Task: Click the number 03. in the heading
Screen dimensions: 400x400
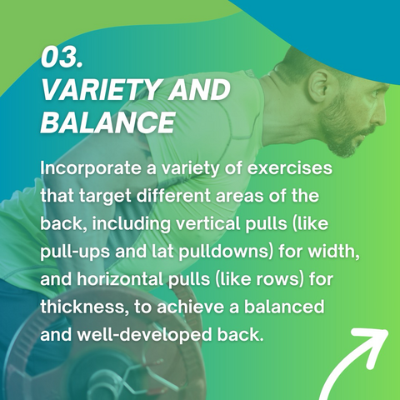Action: click(62, 57)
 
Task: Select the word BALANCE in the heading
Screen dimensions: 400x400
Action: click(107, 122)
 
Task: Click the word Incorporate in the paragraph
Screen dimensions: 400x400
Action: click(91, 168)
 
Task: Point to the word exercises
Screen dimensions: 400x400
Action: click(290, 168)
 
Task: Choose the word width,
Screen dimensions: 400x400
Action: click(332, 252)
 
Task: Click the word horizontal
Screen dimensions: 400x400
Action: click(120, 279)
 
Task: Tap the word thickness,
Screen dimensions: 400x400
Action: click(85, 307)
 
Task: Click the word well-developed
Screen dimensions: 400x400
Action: click(145, 335)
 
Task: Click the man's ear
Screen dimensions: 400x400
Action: click(319, 83)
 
